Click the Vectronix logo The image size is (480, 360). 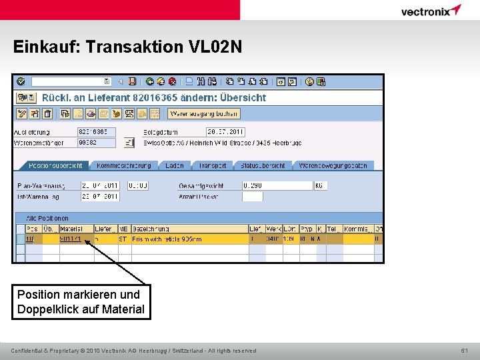point(431,11)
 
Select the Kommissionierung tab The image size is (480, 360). point(123,165)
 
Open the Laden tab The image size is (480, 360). point(175,165)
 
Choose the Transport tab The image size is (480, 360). point(212,165)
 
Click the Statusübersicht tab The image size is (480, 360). point(263,165)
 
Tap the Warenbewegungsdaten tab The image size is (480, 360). point(333,165)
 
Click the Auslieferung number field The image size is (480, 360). point(96,132)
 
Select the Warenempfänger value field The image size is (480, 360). point(96,143)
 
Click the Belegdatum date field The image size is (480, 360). point(225,132)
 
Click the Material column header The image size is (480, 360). point(71,229)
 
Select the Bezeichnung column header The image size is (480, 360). point(151,229)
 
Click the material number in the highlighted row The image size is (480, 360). point(71,239)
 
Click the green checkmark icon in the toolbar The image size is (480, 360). point(21,81)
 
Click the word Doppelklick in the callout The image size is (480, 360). point(45,309)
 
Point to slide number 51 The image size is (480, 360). point(465,351)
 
